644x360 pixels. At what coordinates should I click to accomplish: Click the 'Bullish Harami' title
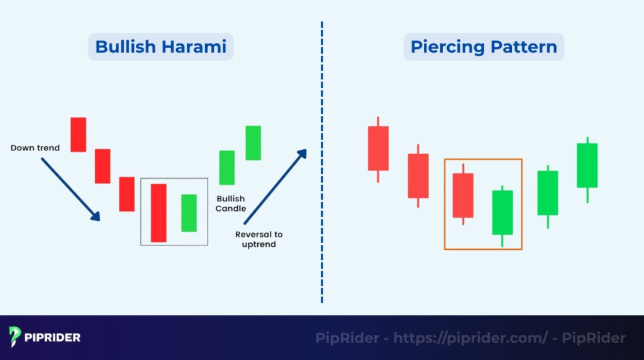[160, 47]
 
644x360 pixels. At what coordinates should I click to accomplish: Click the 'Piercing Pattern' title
[484, 47]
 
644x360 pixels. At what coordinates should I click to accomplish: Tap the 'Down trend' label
[35, 148]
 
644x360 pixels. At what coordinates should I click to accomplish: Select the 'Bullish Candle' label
[231, 203]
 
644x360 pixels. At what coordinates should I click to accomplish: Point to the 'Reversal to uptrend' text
[259, 239]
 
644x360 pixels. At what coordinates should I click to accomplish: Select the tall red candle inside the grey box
[158, 213]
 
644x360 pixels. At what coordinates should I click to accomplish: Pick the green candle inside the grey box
[189, 213]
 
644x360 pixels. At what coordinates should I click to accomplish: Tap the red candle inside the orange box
[463, 195]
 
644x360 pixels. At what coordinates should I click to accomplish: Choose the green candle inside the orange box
[502, 212]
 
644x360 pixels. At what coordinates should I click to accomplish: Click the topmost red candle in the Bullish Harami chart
[78, 134]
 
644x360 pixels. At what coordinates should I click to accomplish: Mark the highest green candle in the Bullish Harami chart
[253, 143]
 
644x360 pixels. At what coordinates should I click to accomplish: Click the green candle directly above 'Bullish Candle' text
[226, 167]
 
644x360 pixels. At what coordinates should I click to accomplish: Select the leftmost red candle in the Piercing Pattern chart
[378, 148]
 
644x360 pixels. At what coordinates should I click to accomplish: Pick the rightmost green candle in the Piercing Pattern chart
[587, 165]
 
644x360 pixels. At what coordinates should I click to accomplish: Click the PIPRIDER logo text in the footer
[53, 337]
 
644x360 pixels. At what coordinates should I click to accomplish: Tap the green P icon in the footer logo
[16, 337]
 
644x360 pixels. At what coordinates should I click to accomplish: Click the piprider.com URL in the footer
[470, 338]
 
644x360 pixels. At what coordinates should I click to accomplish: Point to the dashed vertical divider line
[321, 164]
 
